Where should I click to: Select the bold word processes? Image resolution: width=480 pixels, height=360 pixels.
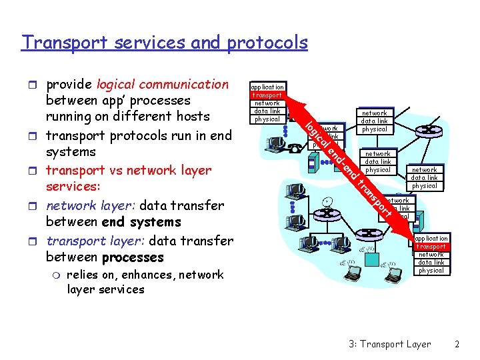[133, 257]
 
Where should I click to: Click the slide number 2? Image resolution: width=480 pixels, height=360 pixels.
[457, 344]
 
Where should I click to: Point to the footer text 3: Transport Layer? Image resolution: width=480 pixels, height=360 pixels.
[390, 344]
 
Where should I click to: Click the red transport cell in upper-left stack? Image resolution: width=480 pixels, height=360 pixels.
[267, 95]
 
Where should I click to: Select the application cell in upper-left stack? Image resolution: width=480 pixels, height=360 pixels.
[267, 87]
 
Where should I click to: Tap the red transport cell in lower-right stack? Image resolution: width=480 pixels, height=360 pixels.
[431, 247]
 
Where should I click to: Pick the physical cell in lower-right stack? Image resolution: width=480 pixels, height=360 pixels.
[431, 271]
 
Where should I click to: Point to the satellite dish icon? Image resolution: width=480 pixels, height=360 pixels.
[328, 201]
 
